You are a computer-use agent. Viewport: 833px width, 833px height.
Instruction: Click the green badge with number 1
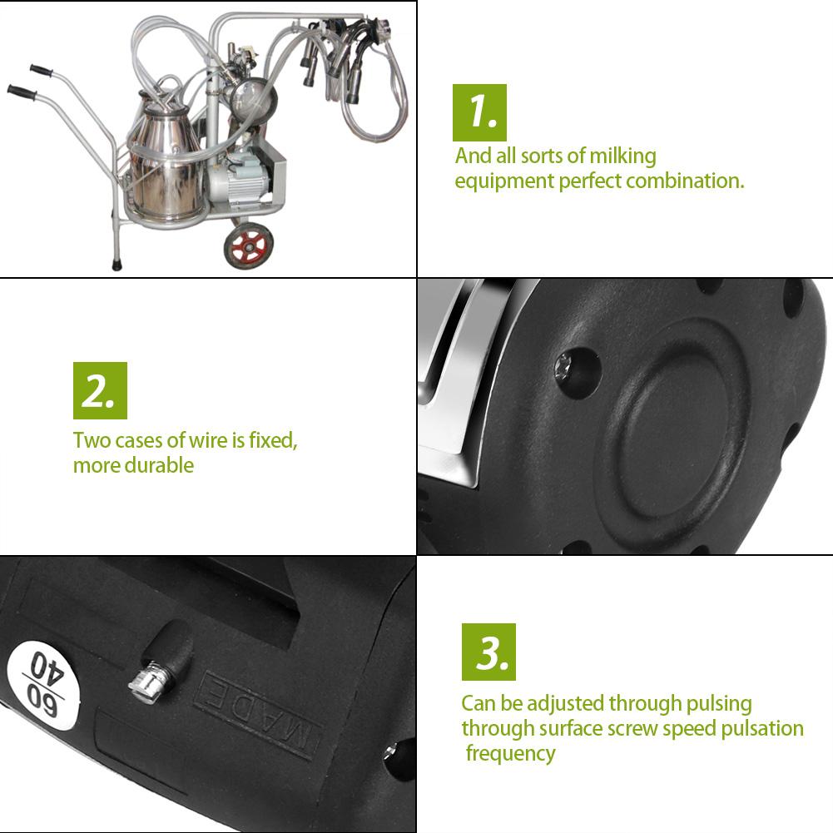(478, 112)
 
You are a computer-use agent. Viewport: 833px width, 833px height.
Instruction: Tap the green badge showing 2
(100, 390)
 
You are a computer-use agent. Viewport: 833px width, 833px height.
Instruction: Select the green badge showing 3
(488, 652)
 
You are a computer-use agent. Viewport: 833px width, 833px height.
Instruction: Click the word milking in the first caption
(623, 156)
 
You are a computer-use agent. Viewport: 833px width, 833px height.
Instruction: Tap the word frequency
(510, 754)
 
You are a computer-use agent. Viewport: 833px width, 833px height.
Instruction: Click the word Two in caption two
(90, 440)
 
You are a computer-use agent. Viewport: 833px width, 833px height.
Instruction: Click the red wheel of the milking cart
(248, 245)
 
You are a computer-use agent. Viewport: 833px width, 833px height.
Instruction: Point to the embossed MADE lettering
(256, 714)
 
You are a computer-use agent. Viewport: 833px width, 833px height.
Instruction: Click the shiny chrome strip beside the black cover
(454, 391)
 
